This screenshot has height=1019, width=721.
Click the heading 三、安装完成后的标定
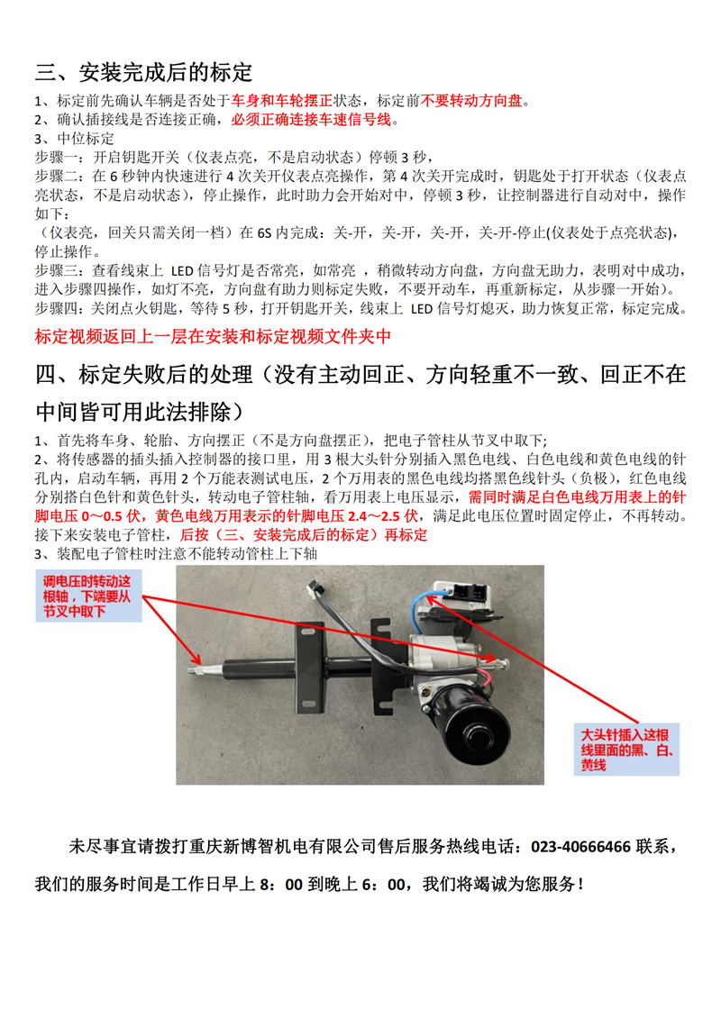click(x=144, y=72)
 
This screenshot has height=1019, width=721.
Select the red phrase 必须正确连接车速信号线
click(x=312, y=119)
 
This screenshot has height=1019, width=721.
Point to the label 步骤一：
click(x=59, y=158)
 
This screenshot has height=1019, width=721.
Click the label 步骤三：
click(x=59, y=271)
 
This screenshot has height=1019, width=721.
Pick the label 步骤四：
click(x=59, y=309)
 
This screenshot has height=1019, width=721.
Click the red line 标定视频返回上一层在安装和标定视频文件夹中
click(x=213, y=336)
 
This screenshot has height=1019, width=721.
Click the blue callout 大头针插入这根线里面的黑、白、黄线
click(x=623, y=749)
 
